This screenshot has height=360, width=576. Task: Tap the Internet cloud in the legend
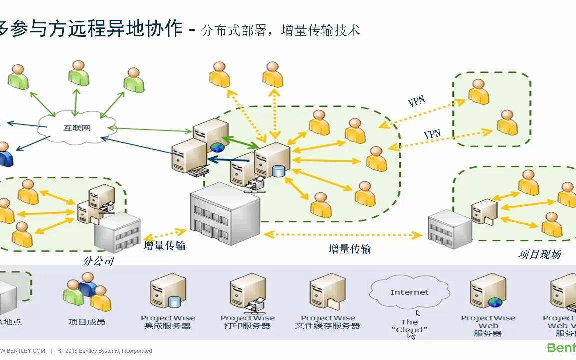coord(409,292)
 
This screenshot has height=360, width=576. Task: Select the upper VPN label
coord(416,101)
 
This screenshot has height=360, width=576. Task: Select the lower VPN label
coord(432,134)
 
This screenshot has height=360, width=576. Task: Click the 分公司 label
coord(98,261)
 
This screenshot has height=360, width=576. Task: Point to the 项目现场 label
coord(539,254)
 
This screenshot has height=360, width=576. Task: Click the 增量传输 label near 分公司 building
coord(164,246)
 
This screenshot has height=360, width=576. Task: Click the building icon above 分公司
coord(117,232)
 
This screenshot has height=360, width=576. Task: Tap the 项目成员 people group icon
coord(87,292)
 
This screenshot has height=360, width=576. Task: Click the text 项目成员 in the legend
coord(87,322)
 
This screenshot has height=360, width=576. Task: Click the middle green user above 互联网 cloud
coord(78,73)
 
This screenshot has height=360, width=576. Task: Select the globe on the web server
coord(217,147)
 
